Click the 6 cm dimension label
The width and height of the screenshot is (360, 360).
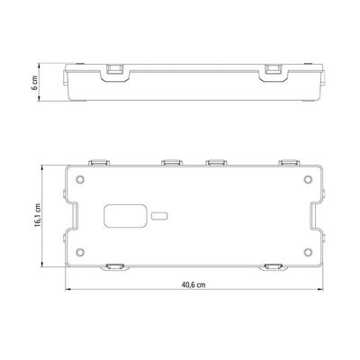pos(35,83)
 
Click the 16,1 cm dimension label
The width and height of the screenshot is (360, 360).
pos(38,215)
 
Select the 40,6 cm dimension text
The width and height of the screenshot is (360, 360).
pos(193,284)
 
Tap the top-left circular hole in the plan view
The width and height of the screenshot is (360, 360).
pos(80,180)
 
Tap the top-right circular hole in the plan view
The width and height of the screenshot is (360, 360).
pos(308,180)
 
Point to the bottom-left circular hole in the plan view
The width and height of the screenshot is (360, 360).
pos(80,252)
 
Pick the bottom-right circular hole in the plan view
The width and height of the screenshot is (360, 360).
pos(308,252)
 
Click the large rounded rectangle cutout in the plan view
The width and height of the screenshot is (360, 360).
pos(125,216)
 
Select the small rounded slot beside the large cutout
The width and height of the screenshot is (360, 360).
pos(159,216)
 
